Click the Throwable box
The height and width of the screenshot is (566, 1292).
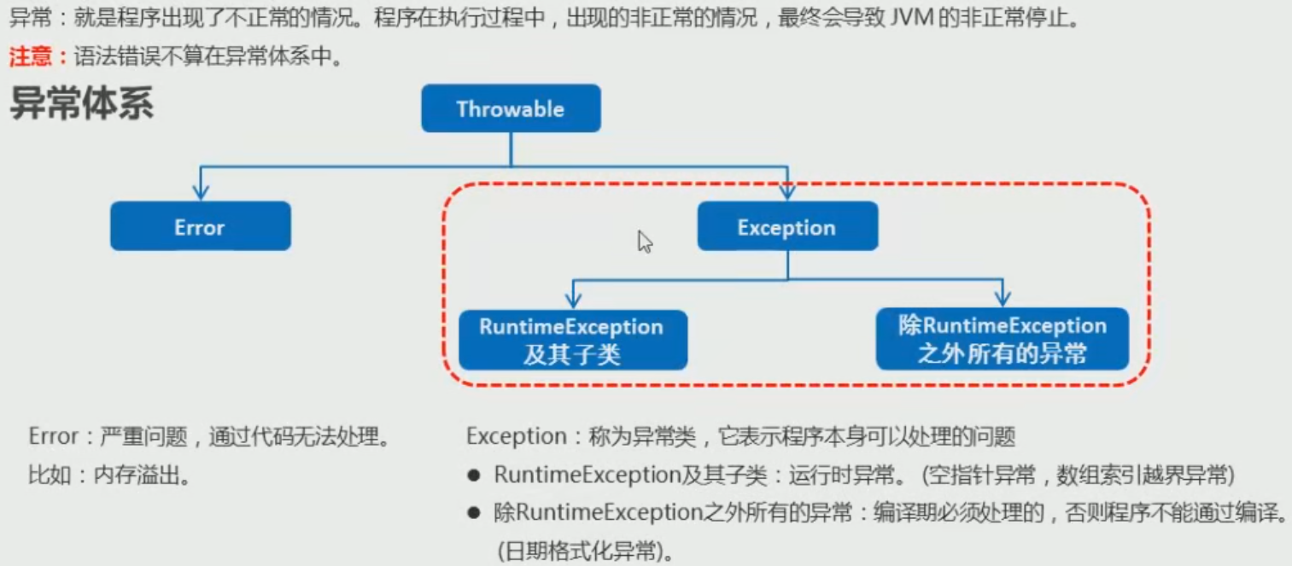pos(511,108)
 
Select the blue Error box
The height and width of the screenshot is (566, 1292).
pos(200,226)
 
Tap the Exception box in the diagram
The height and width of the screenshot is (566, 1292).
pos(786,226)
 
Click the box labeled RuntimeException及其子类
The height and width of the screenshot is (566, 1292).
pos(571,340)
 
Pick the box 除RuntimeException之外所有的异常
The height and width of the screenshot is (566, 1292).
pos(1002,340)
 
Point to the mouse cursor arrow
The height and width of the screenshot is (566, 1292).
pos(645,242)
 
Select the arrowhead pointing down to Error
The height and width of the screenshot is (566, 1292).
pos(200,191)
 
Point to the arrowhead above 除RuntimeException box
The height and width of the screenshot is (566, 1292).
pos(1003,298)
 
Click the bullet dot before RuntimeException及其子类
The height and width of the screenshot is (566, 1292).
pos(475,475)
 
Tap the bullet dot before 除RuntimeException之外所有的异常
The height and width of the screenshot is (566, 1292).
pos(475,513)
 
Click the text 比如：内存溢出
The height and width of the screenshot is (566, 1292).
pos(109,475)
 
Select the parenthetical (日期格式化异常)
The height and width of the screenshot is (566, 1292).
pos(584,551)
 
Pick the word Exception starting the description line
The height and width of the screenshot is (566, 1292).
pos(516,437)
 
